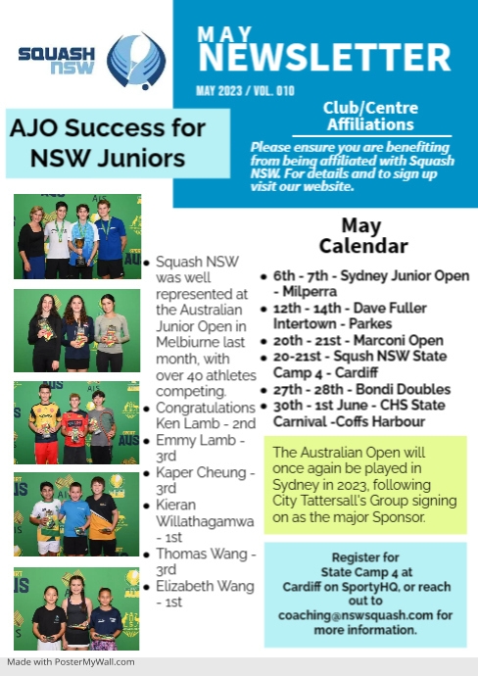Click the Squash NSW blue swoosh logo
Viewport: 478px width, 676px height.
coord(136,61)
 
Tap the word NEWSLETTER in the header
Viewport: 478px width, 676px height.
coord(324,58)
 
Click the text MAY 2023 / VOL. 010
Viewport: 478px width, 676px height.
coord(245,91)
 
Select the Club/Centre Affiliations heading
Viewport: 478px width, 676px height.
coord(370,116)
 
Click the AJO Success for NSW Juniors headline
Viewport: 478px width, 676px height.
coord(108,143)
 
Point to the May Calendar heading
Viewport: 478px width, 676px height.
coord(363,235)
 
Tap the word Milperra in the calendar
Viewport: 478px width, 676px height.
coord(310,292)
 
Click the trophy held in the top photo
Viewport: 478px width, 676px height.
coord(80,251)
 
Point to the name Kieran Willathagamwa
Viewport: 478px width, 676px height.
coord(205,513)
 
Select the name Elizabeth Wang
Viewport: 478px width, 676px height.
coord(205,586)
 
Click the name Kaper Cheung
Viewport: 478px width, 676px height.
coord(201,472)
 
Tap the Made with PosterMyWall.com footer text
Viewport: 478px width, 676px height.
coord(71,662)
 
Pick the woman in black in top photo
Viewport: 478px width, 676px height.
coord(31,242)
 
